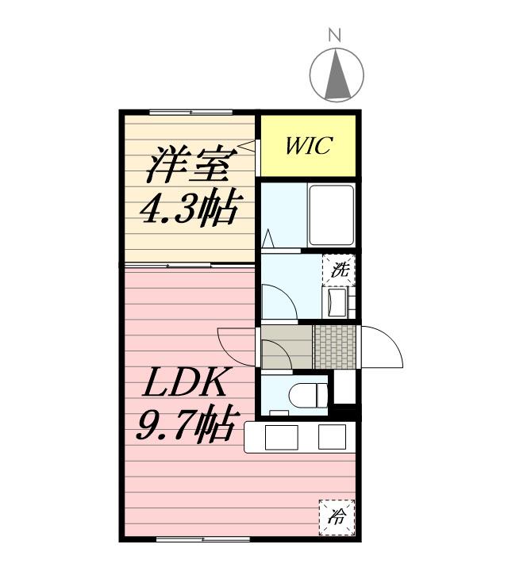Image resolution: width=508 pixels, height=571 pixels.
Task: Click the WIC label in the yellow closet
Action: point(308,146)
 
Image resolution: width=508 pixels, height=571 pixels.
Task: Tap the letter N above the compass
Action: point(335,35)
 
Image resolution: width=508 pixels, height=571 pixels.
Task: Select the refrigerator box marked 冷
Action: point(337,516)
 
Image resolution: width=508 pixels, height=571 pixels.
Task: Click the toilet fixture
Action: point(309,393)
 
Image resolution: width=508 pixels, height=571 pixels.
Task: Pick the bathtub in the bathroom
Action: point(331,214)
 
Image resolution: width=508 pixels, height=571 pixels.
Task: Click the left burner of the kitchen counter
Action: point(279,438)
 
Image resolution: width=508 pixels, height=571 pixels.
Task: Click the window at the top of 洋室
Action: point(190,112)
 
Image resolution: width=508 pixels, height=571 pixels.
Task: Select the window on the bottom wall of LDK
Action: point(190,540)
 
